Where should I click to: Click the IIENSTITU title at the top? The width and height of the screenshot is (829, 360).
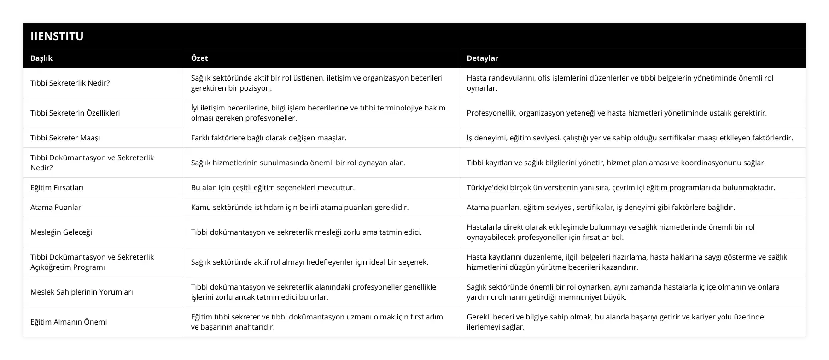[57, 36]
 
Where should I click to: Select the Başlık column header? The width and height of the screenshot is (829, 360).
[41, 58]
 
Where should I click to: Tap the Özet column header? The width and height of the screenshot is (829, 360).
[199, 58]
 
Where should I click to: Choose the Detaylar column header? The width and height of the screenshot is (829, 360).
[482, 58]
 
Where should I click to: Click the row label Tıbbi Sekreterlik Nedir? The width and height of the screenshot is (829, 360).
[70, 83]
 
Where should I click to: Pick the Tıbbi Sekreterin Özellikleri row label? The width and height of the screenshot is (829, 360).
[75, 113]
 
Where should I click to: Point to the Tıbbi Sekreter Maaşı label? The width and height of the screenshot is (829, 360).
[65, 138]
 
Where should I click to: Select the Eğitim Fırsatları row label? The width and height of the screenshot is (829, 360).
[57, 187]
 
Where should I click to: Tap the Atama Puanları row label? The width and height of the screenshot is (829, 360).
[57, 207]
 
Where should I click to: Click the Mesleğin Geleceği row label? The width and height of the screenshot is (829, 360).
[61, 232]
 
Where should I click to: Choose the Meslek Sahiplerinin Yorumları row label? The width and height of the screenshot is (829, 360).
[82, 292]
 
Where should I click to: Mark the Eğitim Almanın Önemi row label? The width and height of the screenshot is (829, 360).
[69, 322]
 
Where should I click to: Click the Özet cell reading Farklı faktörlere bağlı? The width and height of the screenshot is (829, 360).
[269, 138]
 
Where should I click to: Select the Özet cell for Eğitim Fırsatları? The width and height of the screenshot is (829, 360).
[273, 187]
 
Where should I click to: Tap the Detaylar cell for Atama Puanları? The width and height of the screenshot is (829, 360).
[601, 207]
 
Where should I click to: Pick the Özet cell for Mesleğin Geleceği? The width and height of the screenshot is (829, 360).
[306, 232]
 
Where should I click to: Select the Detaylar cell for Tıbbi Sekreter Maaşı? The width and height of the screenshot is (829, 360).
[630, 138]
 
